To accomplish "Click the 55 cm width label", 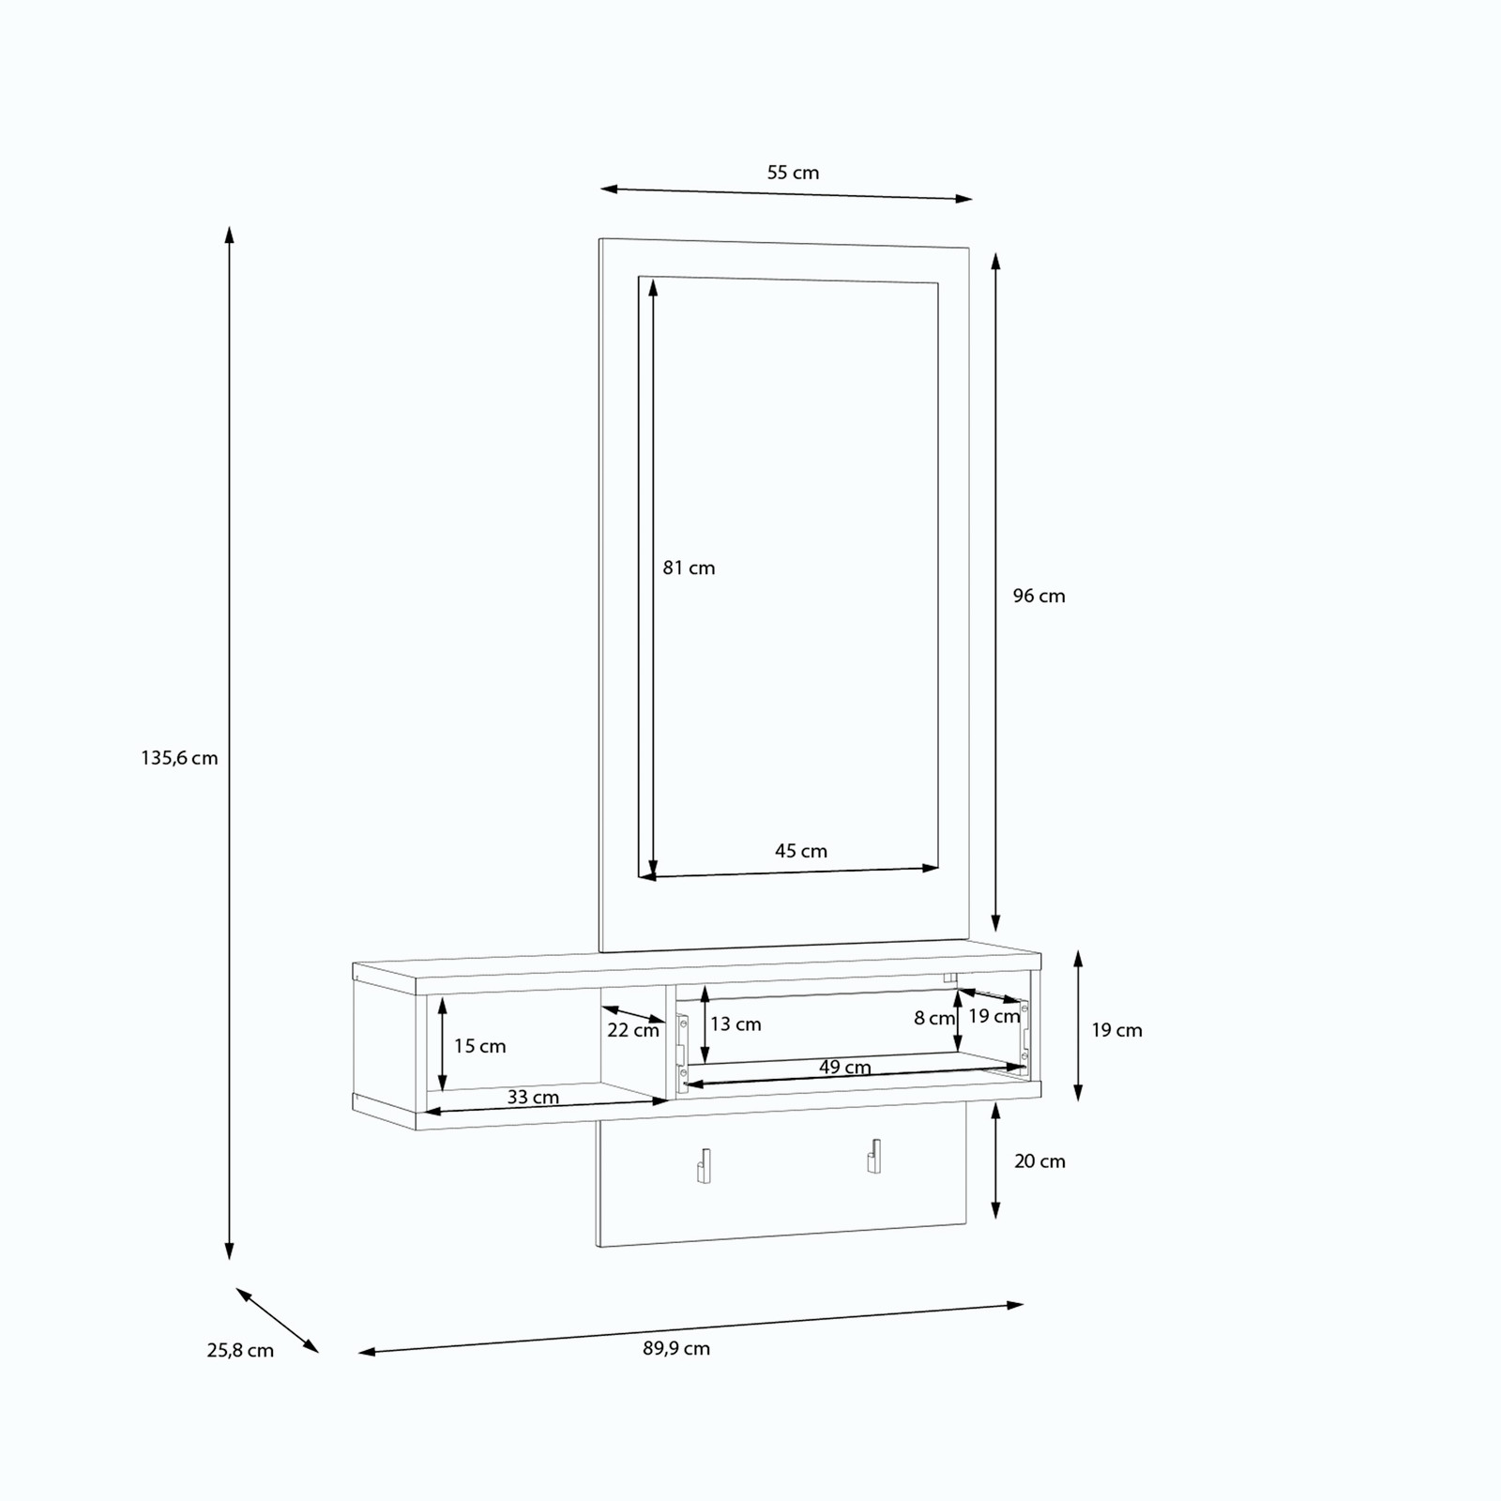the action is point(793,173).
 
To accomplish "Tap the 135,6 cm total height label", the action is point(179,758).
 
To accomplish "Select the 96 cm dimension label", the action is point(1039,596).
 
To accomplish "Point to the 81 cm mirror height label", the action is point(689,568).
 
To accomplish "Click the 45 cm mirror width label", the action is point(801,851).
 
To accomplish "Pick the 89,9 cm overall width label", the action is point(676,1348).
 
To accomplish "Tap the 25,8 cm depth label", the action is point(240,1350).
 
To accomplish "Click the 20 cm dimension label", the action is point(1039,1161).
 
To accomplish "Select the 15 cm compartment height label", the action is point(479,1046).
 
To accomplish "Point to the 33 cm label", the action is point(533,1097).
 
